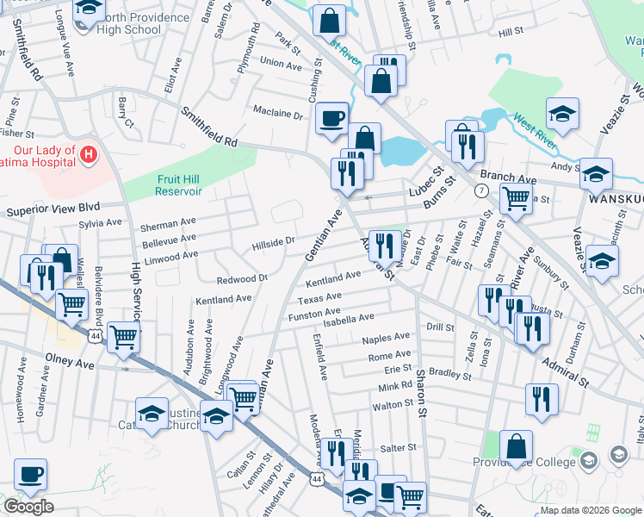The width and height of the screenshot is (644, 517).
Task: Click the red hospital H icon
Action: click(x=88, y=156)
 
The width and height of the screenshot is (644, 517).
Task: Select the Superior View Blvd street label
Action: click(x=53, y=209)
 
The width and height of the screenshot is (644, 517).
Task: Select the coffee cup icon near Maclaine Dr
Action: click(x=331, y=119)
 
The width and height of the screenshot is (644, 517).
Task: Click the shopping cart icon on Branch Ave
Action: click(x=516, y=197)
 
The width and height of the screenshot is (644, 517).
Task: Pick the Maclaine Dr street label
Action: click(x=278, y=113)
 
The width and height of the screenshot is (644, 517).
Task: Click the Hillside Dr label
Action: click(x=273, y=244)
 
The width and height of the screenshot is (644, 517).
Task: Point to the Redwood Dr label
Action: click(x=243, y=279)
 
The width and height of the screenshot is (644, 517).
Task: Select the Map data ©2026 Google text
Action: click(x=591, y=510)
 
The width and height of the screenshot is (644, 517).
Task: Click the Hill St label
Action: click(x=511, y=31)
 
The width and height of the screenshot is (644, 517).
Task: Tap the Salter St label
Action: click(x=399, y=448)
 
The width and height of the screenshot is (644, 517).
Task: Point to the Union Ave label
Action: click(x=281, y=64)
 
